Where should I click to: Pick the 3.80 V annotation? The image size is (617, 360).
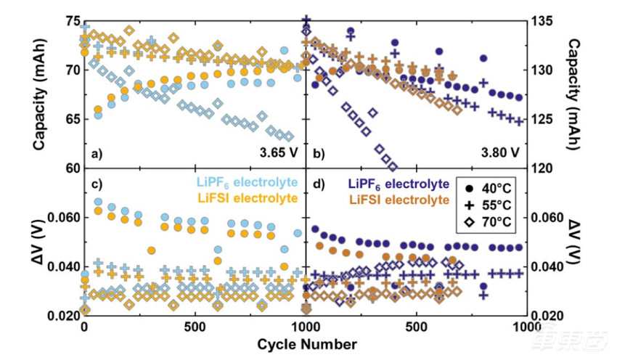pyautogui.click(x=500, y=154)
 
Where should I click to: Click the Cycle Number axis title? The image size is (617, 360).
pyautogui.click(x=306, y=342)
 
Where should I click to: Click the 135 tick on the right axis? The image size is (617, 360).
pyautogui.click(x=545, y=20)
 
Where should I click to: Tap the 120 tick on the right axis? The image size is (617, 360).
pyautogui.click(x=545, y=168)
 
